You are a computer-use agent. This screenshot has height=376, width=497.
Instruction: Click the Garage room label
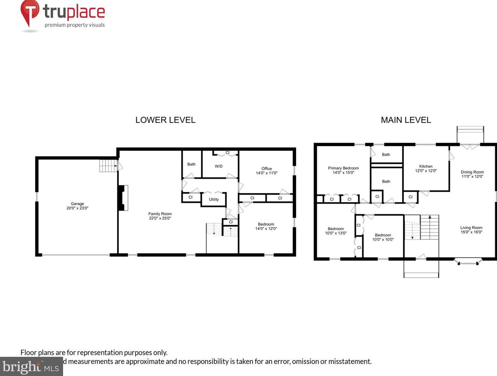coord(77,204)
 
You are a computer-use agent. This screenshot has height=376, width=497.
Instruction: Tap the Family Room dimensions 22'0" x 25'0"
coord(160,218)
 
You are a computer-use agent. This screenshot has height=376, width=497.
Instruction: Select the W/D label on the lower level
coord(218,166)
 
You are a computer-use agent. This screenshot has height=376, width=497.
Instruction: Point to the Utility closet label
coord(214,199)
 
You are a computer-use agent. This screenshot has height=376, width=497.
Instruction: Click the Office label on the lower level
coord(266,168)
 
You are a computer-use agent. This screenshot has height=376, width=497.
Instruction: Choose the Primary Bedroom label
coord(343,168)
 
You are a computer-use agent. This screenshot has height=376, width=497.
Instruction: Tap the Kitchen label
coord(426,166)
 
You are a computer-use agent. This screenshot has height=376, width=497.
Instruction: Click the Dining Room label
coord(472,172)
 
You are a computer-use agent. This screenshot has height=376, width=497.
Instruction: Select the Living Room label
coord(471,228)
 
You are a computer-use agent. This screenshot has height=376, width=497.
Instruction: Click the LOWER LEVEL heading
coord(165,120)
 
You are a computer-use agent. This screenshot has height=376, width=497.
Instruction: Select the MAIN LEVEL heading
coord(406,120)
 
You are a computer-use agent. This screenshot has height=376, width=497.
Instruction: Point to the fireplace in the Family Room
coord(123,198)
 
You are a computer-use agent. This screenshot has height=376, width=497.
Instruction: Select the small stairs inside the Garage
coord(108,165)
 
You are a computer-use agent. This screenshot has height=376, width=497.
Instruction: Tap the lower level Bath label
coord(191,164)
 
